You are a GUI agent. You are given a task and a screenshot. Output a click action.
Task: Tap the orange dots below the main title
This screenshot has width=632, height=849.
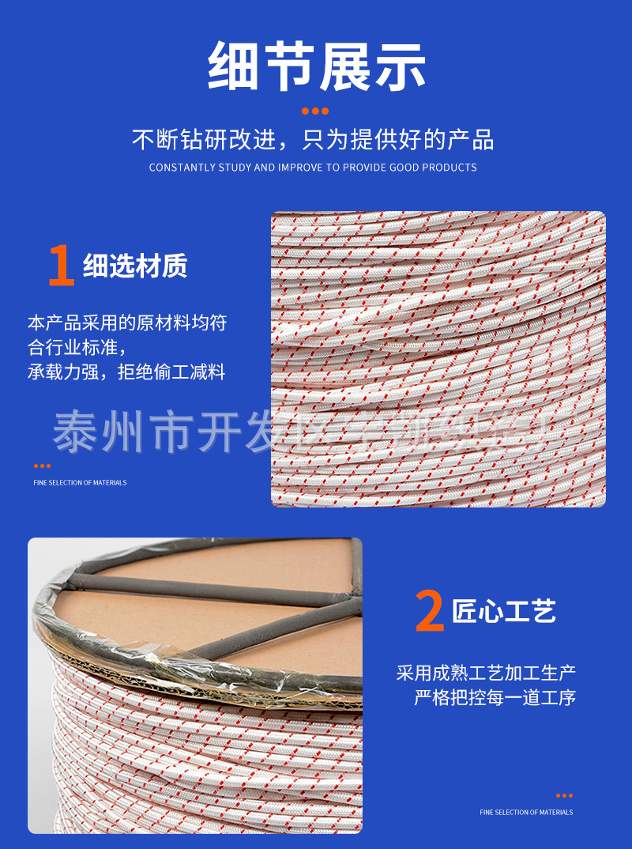[x=315, y=111]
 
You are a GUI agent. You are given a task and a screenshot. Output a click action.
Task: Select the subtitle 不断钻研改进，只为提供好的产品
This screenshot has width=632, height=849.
[x=313, y=140]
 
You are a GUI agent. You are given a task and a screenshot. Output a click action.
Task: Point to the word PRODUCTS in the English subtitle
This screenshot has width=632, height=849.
[x=450, y=168]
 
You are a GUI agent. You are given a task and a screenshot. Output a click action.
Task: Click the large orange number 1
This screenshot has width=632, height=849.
[x=61, y=266]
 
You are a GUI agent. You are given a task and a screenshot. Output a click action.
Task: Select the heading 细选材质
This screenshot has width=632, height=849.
[x=135, y=267]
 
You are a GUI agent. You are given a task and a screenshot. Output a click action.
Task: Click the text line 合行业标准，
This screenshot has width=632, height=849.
[x=77, y=347]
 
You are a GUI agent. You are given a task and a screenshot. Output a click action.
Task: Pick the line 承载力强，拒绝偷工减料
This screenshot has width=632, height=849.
[x=126, y=372]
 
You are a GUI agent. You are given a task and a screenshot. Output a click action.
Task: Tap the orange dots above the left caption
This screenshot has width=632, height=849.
[x=42, y=466]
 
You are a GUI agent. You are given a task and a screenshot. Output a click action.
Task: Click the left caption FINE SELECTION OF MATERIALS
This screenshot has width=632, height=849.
[x=80, y=482]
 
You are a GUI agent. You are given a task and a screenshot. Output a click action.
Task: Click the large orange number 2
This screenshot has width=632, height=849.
[x=430, y=612]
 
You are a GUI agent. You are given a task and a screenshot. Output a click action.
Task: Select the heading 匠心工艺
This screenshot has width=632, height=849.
[x=504, y=611]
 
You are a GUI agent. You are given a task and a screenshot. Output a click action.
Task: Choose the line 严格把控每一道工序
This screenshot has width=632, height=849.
[x=495, y=697]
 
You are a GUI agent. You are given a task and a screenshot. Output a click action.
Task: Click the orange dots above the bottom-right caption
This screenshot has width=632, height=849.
[x=564, y=795]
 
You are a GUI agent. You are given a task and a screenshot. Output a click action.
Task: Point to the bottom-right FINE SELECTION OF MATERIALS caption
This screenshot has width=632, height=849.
[x=526, y=812]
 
